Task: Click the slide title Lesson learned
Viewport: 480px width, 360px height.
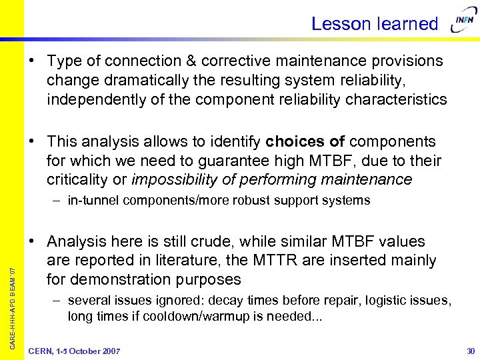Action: (374, 24)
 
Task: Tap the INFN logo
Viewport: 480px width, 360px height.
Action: (463, 23)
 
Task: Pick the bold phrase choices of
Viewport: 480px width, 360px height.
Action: (305, 141)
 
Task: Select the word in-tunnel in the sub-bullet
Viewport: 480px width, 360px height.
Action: (93, 201)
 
